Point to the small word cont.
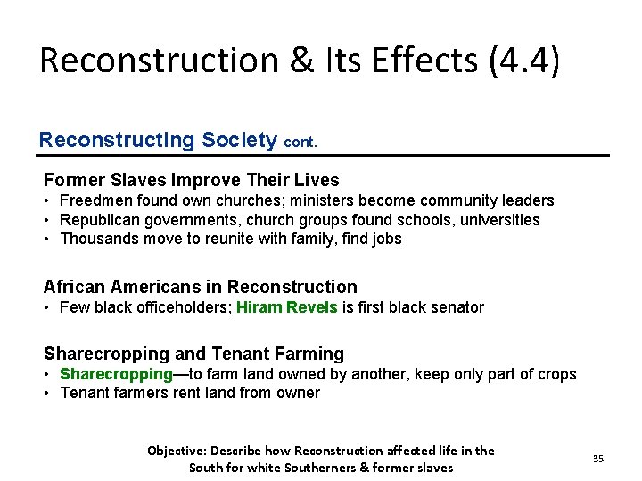point(300,142)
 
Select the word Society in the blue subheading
point(238,140)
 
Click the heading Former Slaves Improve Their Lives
point(192,179)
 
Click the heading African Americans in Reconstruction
point(200,287)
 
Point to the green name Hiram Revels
point(287,307)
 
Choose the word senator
point(455,307)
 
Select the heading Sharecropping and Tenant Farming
point(193,354)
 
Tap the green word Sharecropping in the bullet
point(116,374)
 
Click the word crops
point(556,374)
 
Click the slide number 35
point(598,459)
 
